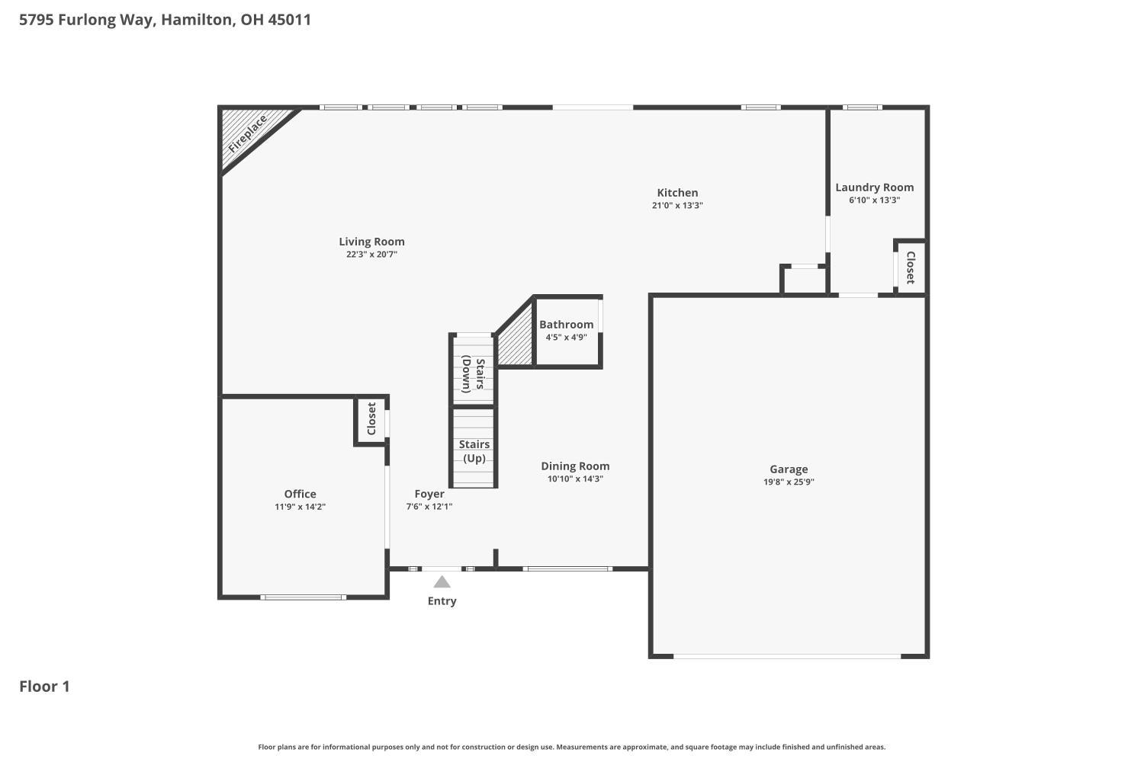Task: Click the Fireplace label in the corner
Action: (x=247, y=133)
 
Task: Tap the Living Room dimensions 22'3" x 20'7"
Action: (x=371, y=255)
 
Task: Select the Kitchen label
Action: (x=677, y=193)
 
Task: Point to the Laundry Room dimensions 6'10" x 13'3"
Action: (x=874, y=200)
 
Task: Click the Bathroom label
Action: (x=567, y=324)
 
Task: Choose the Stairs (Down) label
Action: (x=474, y=375)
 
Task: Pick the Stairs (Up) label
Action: (x=474, y=451)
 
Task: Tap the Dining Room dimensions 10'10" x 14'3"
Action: (x=575, y=479)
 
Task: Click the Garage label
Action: (x=789, y=469)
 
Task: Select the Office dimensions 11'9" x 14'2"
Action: (x=300, y=507)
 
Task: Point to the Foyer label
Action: (x=429, y=494)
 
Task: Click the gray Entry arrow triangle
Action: (x=442, y=582)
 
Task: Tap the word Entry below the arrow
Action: (x=442, y=601)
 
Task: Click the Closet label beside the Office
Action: (x=371, y=418)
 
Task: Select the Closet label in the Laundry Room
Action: (x=910, y=267)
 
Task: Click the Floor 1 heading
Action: (x=44, y=687)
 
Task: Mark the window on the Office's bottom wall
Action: (x=303, y=597)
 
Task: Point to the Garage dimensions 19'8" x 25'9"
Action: (x=789, y=482)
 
